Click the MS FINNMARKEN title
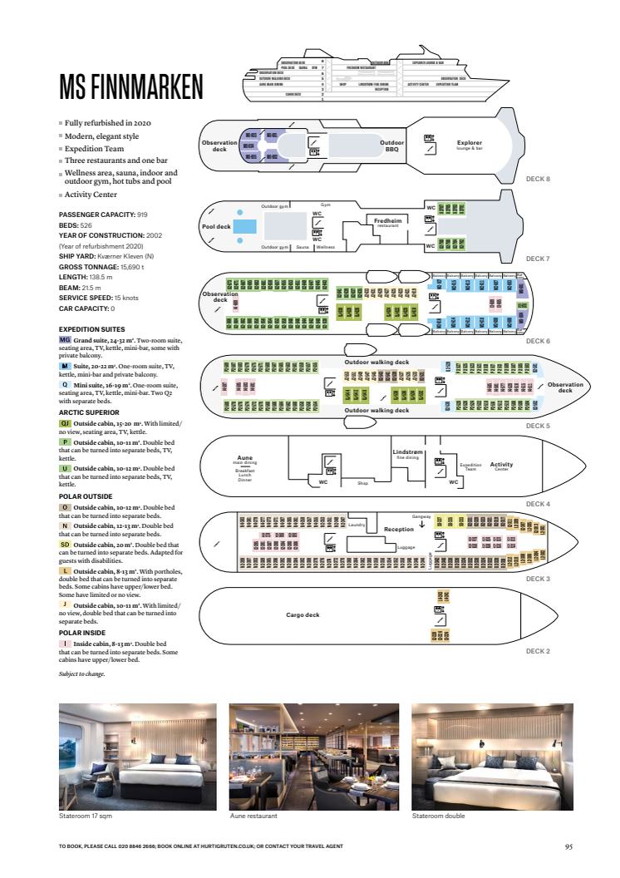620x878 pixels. tap(130, 87)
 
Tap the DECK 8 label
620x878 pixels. tap(538, 178)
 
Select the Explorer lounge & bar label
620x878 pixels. tap(469, 145)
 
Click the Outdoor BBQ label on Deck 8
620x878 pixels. tap(392, 146)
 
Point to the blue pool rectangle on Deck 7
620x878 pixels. tap(244, 226)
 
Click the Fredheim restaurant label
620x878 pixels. tap(387, 222)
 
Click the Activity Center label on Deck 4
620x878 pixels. tap(501, 466)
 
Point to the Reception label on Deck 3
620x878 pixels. tap(398, 529)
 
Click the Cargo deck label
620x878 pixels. tap(302, 614)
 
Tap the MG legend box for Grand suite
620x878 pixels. tap(65, 340)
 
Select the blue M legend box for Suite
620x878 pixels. tap(65, 366)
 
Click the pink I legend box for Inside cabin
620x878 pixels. tap(65, 644)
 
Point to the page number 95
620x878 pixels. tap(568, 846)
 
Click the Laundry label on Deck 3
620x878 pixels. tap(357, 525)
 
